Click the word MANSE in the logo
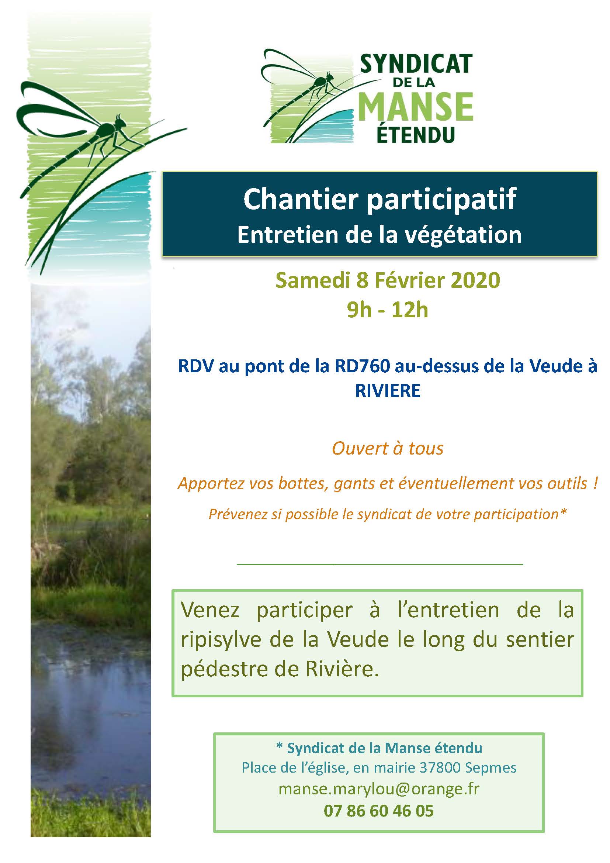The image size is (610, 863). [x=416, y=107]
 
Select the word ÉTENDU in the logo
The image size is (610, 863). [x=415, y=135]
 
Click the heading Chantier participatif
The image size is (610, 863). [x=380, y=199]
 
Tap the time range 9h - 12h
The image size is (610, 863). [x=388, y=310]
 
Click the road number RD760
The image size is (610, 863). [x=363, y=367]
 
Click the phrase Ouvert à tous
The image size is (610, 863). [x=388, y=448]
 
